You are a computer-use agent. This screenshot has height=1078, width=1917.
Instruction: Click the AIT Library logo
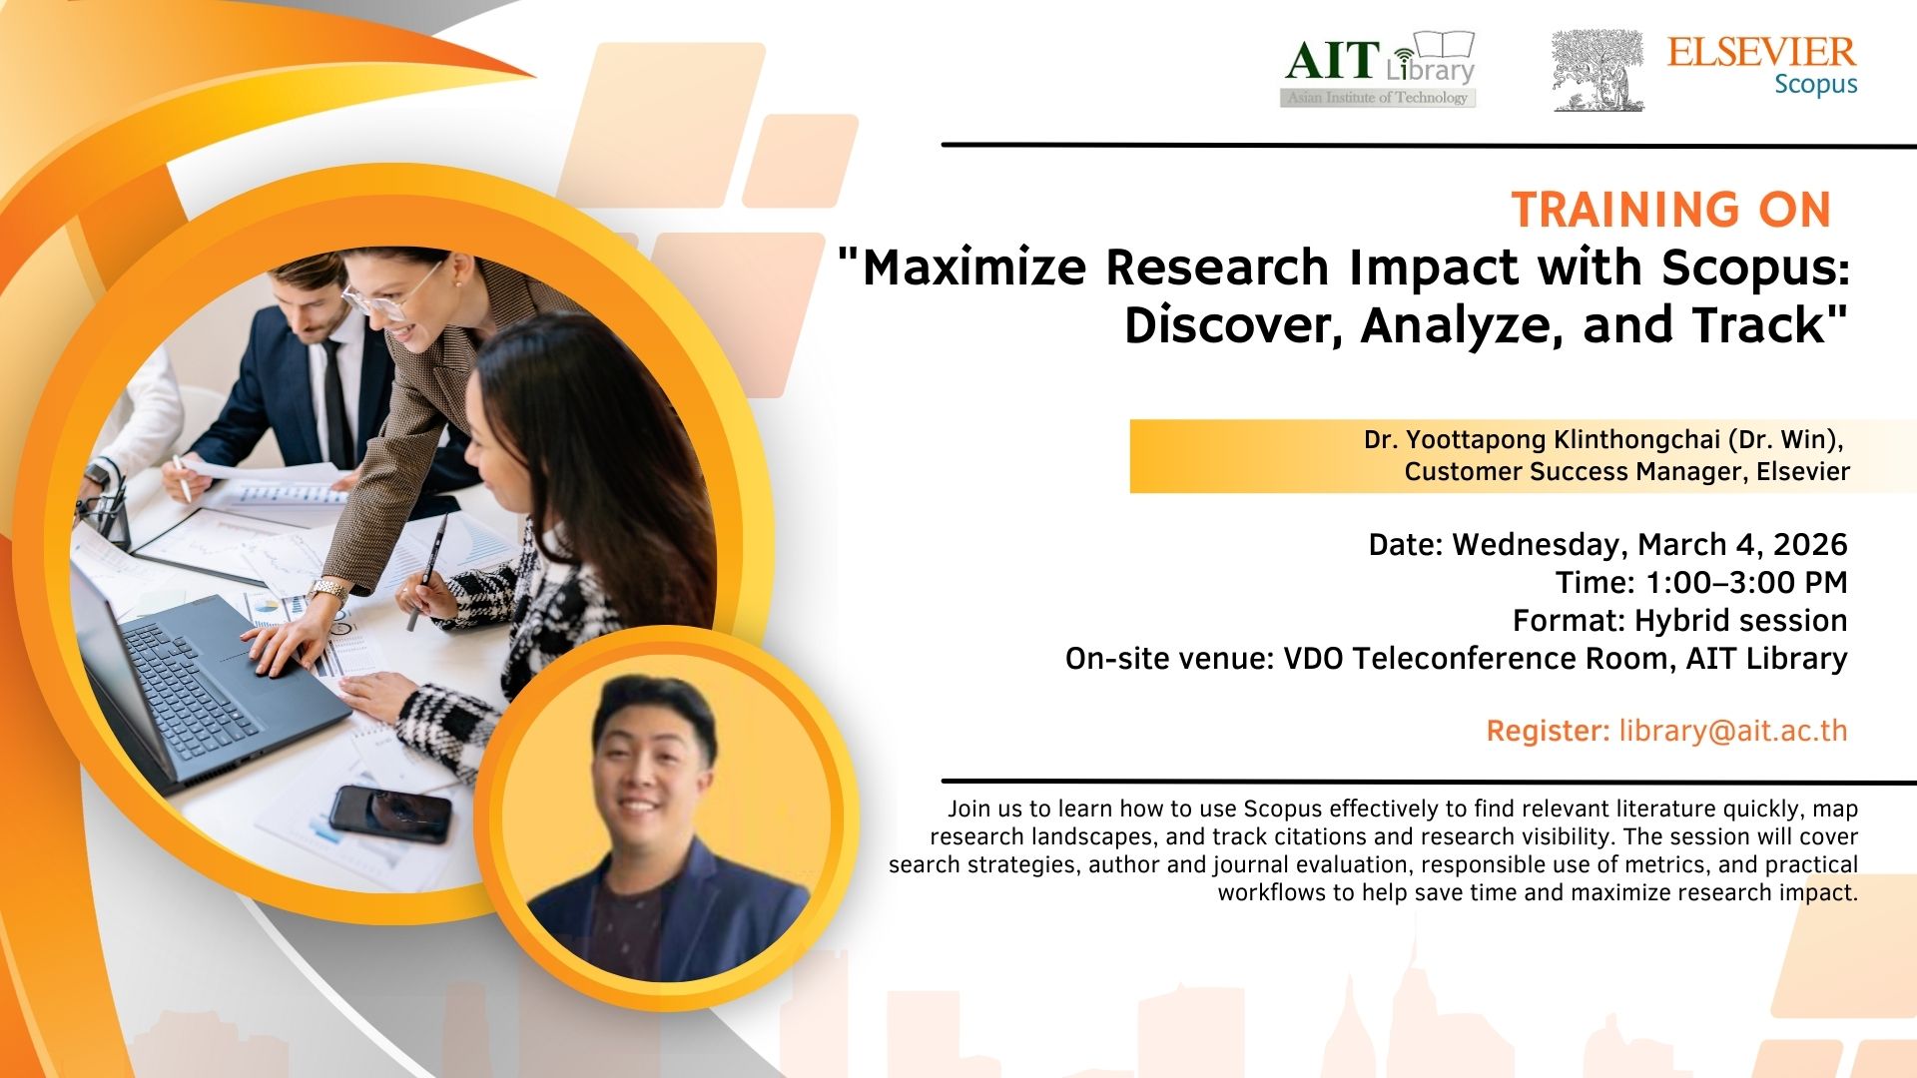pos(1379,69)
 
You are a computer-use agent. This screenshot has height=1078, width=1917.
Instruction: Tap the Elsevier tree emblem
pos(1597,69)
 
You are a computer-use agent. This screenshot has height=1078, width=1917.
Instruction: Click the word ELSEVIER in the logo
pos(1761,51)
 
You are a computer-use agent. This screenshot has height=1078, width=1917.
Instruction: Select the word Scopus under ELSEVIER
pos(1816,85)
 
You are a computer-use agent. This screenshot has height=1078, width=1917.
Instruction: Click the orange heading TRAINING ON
pos(1671,210)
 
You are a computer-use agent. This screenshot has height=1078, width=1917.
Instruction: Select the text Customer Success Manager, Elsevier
pos(1626,471)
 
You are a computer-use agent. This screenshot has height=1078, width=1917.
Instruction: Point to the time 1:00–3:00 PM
pos(1745,582)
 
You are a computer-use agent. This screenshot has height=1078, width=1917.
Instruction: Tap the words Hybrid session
pos(1740,621)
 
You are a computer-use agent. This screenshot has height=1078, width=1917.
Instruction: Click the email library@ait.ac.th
pos(1733,731)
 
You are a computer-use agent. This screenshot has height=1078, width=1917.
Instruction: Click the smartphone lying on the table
pos(390,813)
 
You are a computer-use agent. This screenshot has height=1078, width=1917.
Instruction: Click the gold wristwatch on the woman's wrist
pos(327,592)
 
